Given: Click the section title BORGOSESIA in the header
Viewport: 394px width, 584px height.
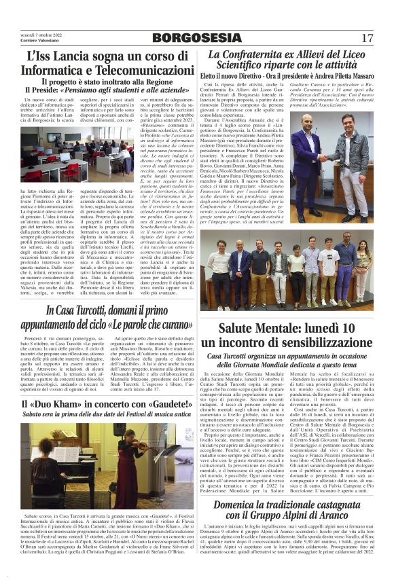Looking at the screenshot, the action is [197, 37].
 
